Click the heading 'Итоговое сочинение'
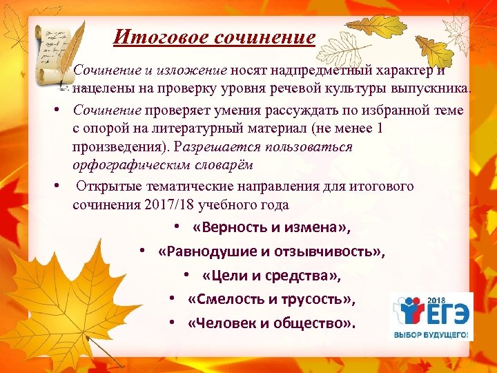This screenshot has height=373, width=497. click(214, 37)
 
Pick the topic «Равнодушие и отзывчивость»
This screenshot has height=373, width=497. click(271, 251)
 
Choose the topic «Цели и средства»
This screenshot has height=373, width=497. click(272, 275)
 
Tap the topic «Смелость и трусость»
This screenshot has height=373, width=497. click(271, 299)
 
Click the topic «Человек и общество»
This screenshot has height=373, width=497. click(272, 323)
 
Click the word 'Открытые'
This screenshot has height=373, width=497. click(106, 186)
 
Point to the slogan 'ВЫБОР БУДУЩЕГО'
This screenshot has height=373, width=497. click(431, 335)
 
